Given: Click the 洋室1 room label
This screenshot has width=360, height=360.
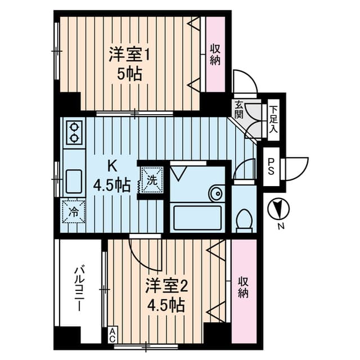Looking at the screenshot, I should tap(130, 56).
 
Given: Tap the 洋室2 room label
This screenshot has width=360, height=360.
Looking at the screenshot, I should tap(166, 286).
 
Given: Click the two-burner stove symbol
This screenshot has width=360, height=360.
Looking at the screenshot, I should tap(74, 133).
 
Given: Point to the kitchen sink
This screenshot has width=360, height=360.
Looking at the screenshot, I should tap(74, 181).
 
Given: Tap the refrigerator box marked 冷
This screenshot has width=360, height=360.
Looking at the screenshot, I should tap(74, 211).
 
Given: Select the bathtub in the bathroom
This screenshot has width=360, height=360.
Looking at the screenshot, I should tap(196, 218).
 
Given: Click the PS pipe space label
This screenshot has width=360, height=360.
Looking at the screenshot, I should tap(271, 168).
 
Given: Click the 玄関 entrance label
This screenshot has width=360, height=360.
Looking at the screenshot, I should tap(239, 110).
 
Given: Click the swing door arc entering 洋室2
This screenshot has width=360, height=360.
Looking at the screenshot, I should tap(144, 253).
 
